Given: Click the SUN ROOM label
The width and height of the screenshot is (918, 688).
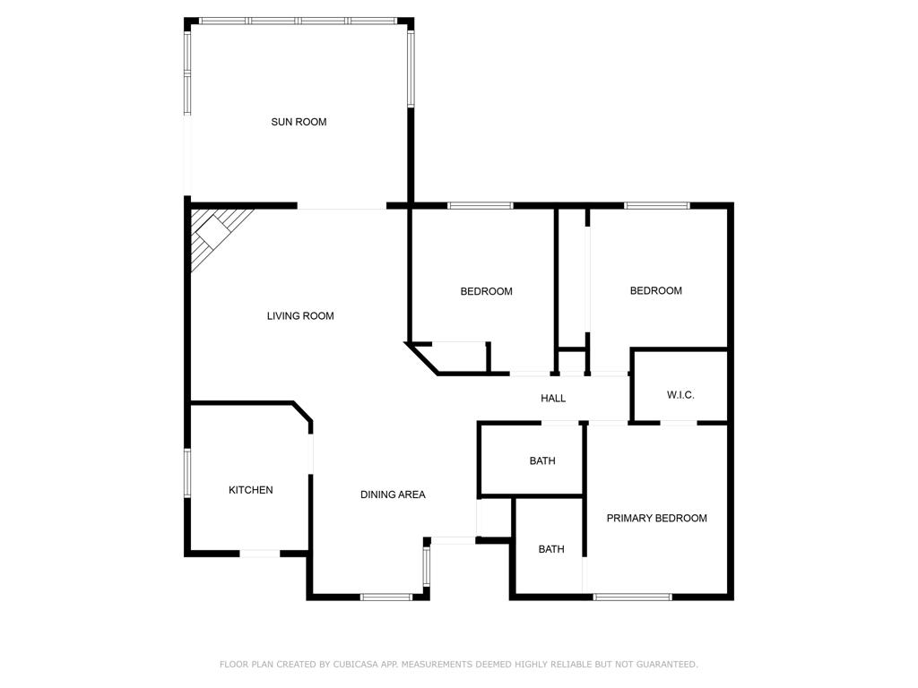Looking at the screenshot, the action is (299, 122).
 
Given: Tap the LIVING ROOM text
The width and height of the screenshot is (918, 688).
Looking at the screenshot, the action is (300, 316).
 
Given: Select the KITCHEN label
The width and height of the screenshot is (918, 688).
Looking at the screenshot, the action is (251, 490).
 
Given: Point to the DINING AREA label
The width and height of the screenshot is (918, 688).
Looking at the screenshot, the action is (393, 494).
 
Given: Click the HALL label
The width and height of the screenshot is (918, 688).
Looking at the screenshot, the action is (553, 399).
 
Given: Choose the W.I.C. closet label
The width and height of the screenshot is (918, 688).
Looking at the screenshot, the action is (680, 395).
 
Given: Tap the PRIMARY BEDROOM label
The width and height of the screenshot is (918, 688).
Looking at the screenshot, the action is (657, 518).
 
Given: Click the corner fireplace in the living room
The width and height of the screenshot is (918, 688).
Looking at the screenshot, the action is (214, 234).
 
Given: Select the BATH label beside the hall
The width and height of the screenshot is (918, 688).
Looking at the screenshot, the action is (542, 461).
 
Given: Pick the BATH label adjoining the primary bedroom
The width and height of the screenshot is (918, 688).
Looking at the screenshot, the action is (551, 549).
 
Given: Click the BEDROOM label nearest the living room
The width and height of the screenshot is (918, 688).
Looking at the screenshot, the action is (487, 291).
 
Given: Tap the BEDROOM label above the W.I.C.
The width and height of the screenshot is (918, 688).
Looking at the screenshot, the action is (655, 291).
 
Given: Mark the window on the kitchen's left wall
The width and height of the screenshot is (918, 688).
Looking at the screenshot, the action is (187, 473).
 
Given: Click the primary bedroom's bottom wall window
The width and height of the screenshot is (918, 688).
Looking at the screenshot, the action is (632, 597).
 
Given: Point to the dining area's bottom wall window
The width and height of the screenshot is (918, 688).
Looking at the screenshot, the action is (385, 597).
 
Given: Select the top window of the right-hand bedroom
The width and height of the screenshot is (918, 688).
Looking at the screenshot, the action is (657, 205).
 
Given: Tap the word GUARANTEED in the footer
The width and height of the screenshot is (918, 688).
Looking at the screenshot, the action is (666, 664).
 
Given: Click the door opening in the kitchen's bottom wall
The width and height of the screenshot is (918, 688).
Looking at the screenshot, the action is (260, 553).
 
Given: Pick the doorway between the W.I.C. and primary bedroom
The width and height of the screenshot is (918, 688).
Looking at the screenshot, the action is (679, 423).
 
